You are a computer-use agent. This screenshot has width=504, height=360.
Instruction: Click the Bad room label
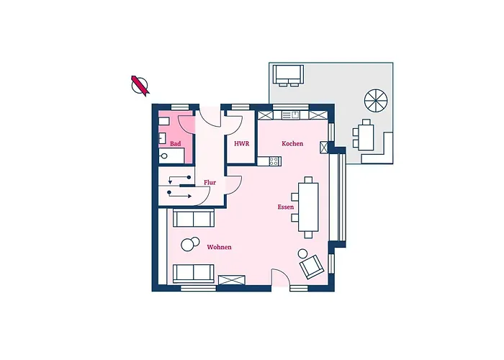point(175,144)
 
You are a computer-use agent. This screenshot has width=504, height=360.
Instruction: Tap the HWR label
point(241,144)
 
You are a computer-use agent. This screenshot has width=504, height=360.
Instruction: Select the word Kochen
point(292,144)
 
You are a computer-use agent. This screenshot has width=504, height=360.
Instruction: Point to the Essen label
point(285,207)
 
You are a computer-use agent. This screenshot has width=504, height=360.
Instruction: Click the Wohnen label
point(219,247)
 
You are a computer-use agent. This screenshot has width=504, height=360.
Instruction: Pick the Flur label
point(210,183)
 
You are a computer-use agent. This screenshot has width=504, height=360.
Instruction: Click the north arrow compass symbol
point(140,86)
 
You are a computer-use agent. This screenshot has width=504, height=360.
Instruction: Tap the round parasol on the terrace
point(376,101)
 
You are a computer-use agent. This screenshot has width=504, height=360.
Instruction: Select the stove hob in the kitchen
point(274,161)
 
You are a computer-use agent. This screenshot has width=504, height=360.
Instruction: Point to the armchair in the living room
point(312,267)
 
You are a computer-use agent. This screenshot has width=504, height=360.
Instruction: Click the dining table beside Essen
point(308,207)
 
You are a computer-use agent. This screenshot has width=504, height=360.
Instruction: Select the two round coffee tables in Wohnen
point(190,244)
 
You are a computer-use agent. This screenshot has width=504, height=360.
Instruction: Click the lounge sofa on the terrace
point(288,75)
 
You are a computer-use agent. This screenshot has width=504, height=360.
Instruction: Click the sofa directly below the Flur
point(194,218)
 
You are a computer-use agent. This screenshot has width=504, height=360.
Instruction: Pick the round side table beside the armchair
point(302,254)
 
